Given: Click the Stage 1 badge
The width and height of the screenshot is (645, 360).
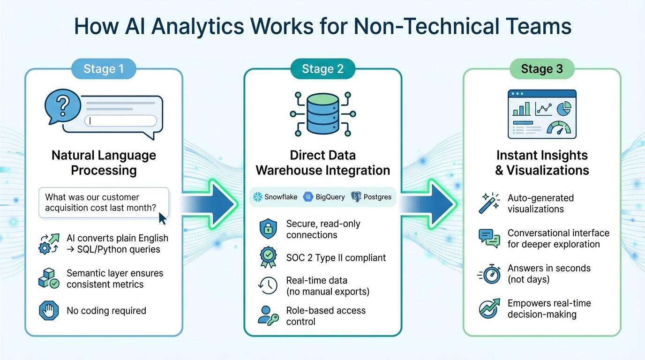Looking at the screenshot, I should (104, 69).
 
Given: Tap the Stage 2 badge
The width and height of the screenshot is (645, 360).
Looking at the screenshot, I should (322, 69).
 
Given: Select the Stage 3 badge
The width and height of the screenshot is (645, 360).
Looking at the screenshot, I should (541, 69).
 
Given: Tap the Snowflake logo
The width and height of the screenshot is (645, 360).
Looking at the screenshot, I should (257, 197).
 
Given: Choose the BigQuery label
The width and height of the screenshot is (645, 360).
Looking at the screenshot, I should (330, 197).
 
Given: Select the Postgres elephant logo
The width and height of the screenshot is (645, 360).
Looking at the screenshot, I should (356, 197).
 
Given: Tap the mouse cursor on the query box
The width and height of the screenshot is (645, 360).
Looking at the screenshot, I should (163, 218).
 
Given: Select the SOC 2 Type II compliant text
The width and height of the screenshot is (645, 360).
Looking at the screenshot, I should (336, 257).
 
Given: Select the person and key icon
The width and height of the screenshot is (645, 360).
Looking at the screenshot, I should (268, 316).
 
